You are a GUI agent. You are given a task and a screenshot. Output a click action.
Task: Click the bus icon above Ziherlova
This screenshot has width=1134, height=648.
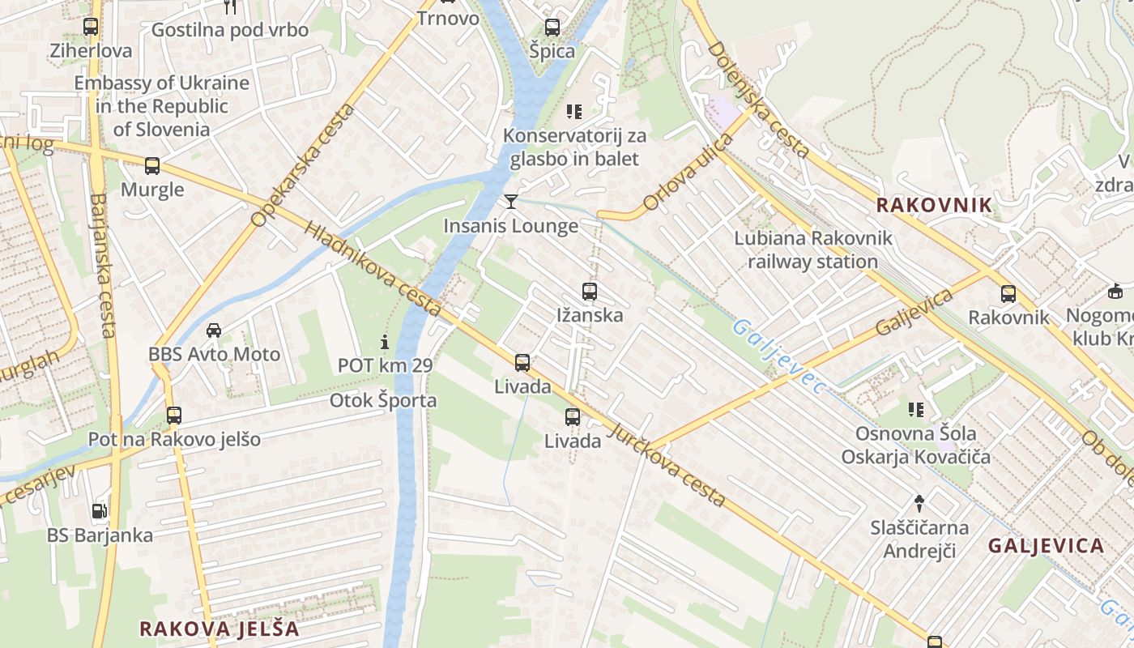91,27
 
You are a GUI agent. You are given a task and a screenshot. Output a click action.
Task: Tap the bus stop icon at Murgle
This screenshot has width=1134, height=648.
152,166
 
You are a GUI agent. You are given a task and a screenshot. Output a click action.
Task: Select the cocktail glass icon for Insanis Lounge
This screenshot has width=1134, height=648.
511,201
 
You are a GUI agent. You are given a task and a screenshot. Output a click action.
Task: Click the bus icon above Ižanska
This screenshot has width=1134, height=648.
590,291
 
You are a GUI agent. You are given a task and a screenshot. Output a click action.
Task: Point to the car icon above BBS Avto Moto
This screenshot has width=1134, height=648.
214,330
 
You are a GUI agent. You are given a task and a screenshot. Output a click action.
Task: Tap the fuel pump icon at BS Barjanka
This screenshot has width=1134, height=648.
99,510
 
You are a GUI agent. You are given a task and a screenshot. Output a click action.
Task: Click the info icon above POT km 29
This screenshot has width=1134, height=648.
385,342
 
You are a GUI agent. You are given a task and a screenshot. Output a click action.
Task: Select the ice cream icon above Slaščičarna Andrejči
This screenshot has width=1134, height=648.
919,503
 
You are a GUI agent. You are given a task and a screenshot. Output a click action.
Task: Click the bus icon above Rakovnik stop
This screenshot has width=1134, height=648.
1008,293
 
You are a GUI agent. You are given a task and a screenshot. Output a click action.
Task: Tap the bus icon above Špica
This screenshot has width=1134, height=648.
552,27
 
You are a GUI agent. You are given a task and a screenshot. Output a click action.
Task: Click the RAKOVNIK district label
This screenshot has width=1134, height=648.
934,205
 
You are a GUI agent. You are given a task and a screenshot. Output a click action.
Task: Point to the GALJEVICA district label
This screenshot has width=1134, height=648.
1046,546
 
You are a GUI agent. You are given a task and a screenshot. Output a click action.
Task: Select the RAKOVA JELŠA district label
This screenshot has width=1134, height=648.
219,629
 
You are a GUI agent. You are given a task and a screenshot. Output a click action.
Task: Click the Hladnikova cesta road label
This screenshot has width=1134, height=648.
373,269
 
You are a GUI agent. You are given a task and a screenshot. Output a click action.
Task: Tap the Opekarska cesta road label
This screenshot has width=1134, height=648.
304,166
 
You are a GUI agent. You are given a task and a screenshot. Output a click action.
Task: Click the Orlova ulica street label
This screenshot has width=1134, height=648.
688,172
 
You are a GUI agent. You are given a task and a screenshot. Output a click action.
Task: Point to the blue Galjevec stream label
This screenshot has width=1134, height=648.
778,356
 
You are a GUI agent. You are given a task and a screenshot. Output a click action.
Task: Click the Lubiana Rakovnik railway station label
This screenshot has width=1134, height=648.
812,249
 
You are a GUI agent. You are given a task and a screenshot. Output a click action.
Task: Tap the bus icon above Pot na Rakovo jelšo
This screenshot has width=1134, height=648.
174,416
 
